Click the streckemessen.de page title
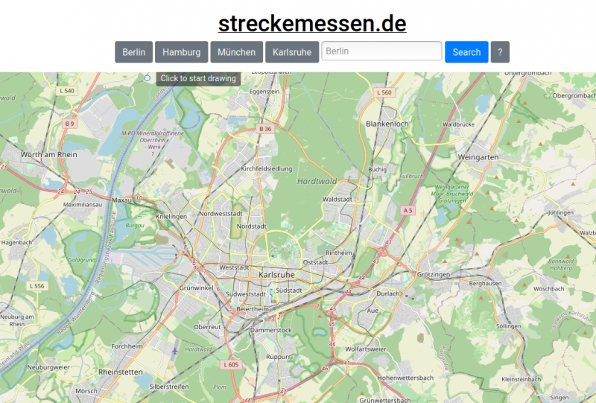(312, 24)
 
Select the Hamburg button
(181, 52)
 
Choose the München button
(236, 52)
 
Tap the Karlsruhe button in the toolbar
(292, 52)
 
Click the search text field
(381, 51)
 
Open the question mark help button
(500, 52)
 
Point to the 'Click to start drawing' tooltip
(198, 78)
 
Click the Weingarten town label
(478, 157)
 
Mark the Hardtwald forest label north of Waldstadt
(317, 181)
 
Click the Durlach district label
(387, 293)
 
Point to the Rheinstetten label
(121, 372)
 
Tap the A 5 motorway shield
(408, 211)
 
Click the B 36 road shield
(265, 129)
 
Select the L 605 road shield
(230, 364)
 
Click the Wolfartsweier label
(366, 349)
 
